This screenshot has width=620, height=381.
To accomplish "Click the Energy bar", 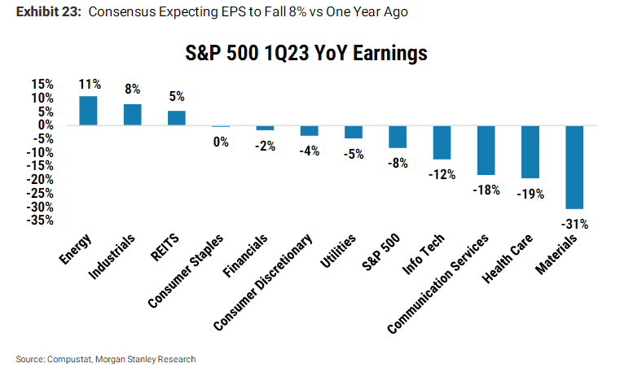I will click(x=89, y=111).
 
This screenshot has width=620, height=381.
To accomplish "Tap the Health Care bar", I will click(x=530, y=151).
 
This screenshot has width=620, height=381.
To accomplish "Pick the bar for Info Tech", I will click(x=442, y=142).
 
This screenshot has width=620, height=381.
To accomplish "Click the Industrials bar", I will click(x=133, y=115).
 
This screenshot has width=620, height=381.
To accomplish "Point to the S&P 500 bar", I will click(x=398, y=137).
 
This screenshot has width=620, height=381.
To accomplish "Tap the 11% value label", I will click(x=90, y=84).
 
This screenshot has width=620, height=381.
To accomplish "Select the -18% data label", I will click(x=486, y=189).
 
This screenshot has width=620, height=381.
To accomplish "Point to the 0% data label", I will click(x=221, y=141).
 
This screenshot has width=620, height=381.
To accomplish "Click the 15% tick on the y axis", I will click(x=42, y=84).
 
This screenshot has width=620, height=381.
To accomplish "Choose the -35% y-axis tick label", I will click(x=40, y=220).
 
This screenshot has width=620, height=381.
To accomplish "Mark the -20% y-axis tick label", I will click(x=40, y=179).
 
